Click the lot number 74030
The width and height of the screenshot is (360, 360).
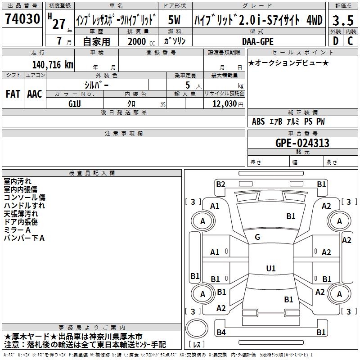22,19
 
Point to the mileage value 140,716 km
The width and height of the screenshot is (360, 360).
53,64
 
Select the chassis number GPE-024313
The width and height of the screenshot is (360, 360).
302,143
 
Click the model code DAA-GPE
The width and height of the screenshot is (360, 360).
257,41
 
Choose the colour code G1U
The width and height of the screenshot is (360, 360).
75,103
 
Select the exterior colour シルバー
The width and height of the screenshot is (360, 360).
96,85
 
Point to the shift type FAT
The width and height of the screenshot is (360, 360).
13,94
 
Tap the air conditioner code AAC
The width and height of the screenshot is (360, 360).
35,94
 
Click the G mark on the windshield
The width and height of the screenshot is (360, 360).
257,237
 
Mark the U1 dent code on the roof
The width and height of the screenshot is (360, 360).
270,268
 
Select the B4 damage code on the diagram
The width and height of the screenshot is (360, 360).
220,333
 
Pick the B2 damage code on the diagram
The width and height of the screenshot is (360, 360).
220,184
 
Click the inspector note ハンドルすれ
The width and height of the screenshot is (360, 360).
24,206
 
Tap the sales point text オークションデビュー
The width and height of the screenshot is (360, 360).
288,63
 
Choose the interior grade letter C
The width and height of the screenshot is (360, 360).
350,41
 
